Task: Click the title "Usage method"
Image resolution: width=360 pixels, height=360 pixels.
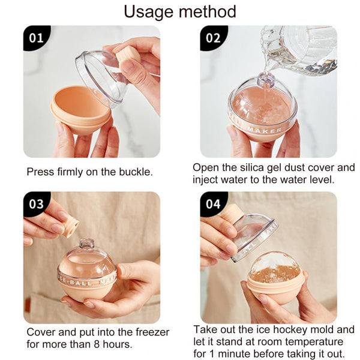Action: (180, 11)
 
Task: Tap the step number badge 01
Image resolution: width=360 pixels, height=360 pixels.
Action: (36, 38)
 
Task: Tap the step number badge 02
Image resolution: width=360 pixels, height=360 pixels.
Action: (213, 38)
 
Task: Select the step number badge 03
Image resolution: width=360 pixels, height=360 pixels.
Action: (36, 204)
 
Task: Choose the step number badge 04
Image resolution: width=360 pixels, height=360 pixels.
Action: (213, 204)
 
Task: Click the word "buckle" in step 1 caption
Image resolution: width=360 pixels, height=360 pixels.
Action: (135, 172)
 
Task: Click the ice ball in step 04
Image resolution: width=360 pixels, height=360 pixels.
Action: (274, 269)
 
